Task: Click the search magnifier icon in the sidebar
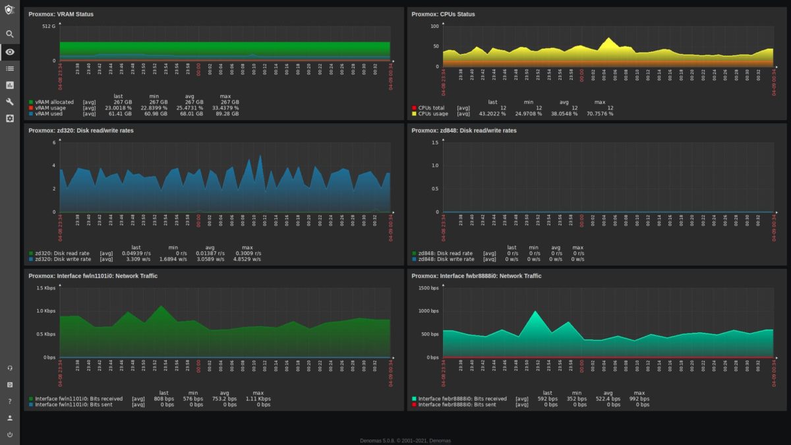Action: [10, 34]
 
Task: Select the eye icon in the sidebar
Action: [10, 51]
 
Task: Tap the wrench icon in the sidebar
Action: [10, 102]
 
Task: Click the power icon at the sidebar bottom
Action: [10, 434]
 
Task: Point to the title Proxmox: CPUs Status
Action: [443, 14]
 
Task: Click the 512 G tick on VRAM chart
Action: [49, 26]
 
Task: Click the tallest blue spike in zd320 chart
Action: [260, 156]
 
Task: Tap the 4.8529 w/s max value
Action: [248, 259]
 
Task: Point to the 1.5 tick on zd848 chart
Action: [434, 142]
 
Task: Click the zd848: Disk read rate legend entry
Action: [445, 253]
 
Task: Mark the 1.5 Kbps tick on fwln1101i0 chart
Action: [45, 288]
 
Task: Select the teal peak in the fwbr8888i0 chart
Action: [535, 312]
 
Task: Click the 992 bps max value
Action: [638, 399]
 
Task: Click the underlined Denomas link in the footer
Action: [440, 440]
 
